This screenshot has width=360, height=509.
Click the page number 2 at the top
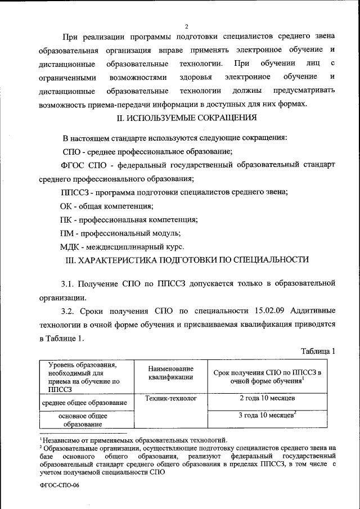pos(186,26)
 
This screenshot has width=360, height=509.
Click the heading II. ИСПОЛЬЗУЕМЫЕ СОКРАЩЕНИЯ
pos(186,118)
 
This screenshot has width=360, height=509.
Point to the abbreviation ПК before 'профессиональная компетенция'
pos(67,220)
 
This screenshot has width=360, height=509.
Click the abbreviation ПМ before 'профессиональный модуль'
pos(68,233)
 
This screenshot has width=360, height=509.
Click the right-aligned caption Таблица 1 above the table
pos(318,351)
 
